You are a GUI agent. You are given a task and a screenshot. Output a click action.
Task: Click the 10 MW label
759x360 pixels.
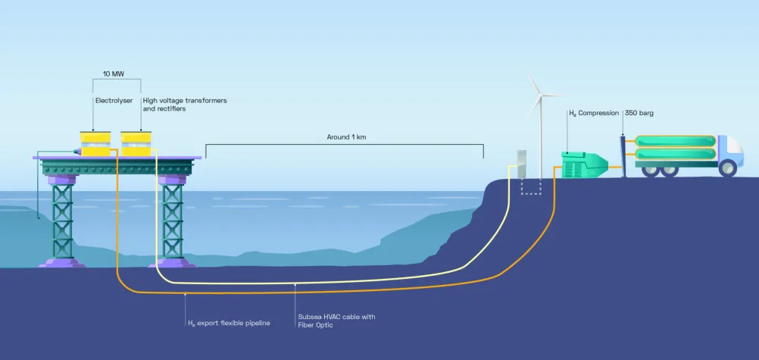pyautogui.click(x=114, y=74)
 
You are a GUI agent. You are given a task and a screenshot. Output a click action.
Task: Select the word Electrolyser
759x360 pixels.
pyautogui.click(x=114, y=101)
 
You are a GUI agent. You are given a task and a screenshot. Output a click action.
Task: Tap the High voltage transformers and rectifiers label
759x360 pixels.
pyautogui.click(x=184, y=105)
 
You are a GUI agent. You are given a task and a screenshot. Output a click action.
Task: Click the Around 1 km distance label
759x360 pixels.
pyautogui.click(x=346, y=137)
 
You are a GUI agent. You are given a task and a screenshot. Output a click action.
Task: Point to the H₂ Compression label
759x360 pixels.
pyautogui.click(x=593, y=113)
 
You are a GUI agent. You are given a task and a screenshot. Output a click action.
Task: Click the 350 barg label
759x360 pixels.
pyautogui.click(x=639, y=113)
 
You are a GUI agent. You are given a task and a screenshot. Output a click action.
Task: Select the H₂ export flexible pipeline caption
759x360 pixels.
pyautogui.click(x=229, y=323)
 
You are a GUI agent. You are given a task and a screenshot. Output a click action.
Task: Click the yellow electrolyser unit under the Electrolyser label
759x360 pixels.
pyautogui.click(x=95, y=144)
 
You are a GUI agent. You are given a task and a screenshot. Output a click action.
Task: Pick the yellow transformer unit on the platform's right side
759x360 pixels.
pyautogui.click(x=136, y=144)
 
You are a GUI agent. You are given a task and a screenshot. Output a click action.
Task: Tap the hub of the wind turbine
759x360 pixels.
pyautogui.click(x=539, y=95)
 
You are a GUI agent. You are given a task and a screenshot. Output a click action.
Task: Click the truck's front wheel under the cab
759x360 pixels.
pyautogui.click(x=727, y=167)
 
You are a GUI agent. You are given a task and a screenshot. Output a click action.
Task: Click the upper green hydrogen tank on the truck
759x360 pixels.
pyautogui.click(x=675, y=141)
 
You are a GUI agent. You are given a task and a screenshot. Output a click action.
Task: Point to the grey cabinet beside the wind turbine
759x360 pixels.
pyautogui.click(x=521, y=164)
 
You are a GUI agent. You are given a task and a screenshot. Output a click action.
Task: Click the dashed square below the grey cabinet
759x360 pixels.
pyautogui.click(x=530, y=186)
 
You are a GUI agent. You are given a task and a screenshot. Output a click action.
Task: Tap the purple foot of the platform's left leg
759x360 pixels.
pyautogui.click(x=62, y=263)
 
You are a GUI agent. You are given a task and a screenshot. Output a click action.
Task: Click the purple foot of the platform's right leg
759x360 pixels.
pyautogui.click(x=172, y=263)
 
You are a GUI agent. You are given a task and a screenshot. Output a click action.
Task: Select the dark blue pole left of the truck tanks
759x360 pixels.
pyautogui.click(x=623, y=156)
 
